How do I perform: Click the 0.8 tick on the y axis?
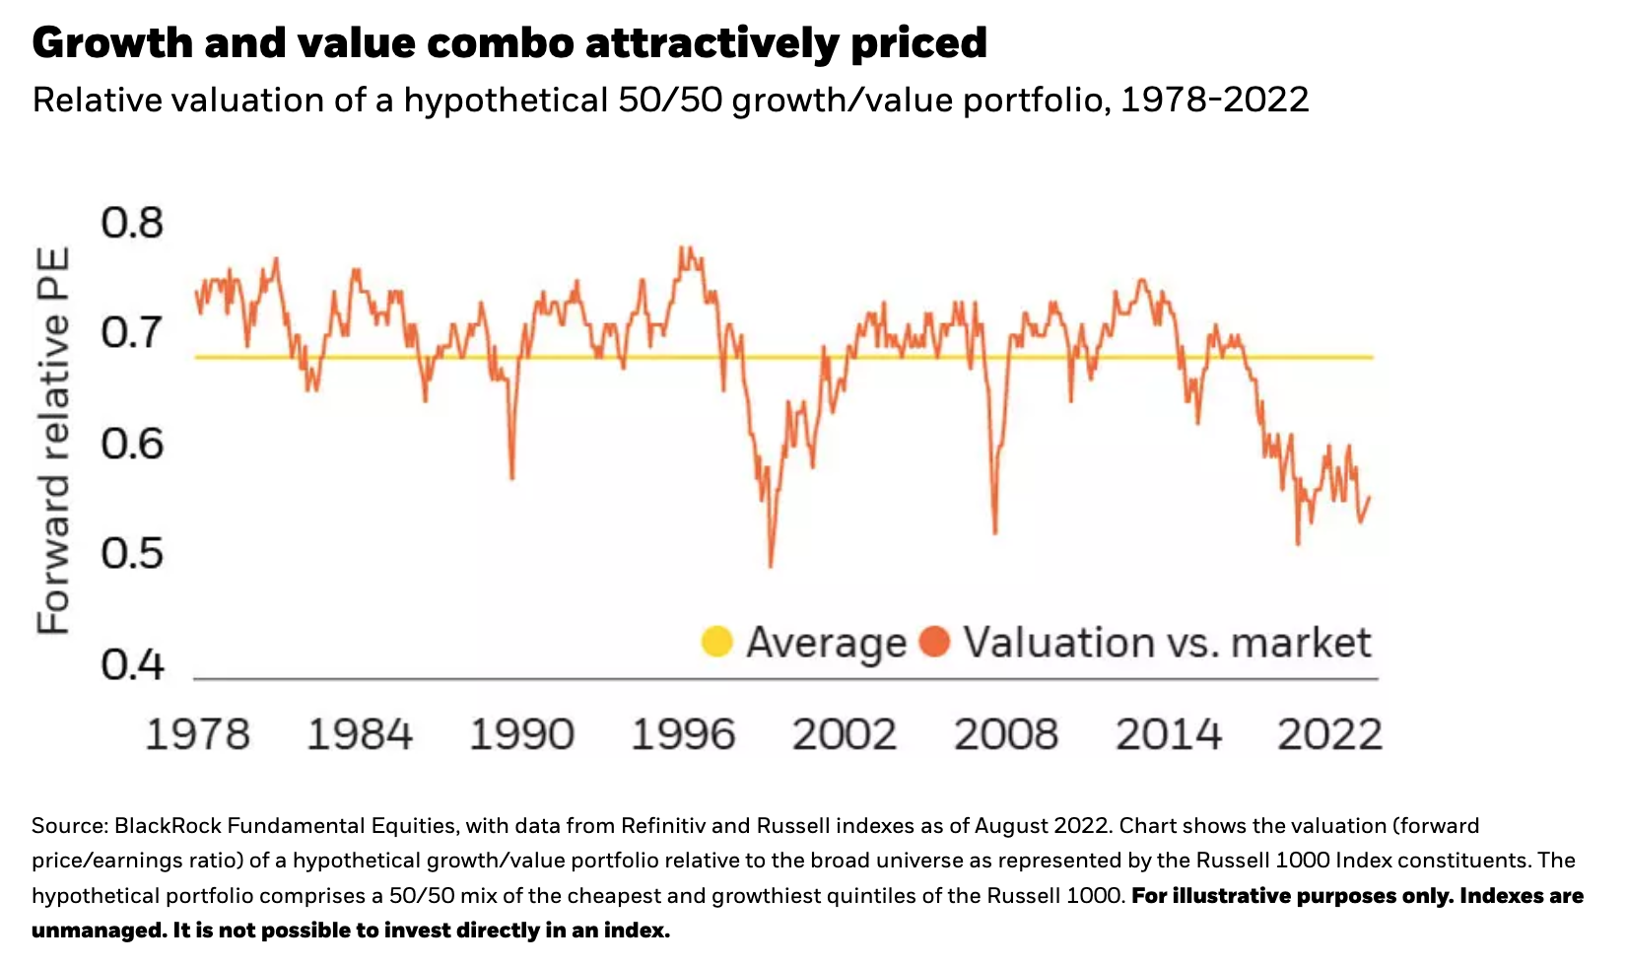click(x=132, y=223)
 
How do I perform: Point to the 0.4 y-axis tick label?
click(x=132, y=665)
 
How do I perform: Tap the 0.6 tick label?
click(x=132, y=445)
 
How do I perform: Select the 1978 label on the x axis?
click(x=197, y=735)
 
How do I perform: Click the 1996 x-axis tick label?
click(x=682, y=735)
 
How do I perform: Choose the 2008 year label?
click(x=1005, y=735)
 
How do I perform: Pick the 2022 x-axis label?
click(x=1329, y=735)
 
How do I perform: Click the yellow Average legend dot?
click(x=716, y=642)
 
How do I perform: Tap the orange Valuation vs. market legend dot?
click(x=933, y=642)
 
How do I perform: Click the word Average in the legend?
click(x=826, y=643)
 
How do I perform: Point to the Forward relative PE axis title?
click(x=53, y=442)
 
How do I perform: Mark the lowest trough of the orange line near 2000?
click(x=770, y=566)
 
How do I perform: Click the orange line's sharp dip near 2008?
click(x=995, y=533)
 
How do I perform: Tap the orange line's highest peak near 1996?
click(x=682, y=246)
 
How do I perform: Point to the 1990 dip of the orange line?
click(x=512, y=478)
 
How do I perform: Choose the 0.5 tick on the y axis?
click(x=132, y=554)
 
